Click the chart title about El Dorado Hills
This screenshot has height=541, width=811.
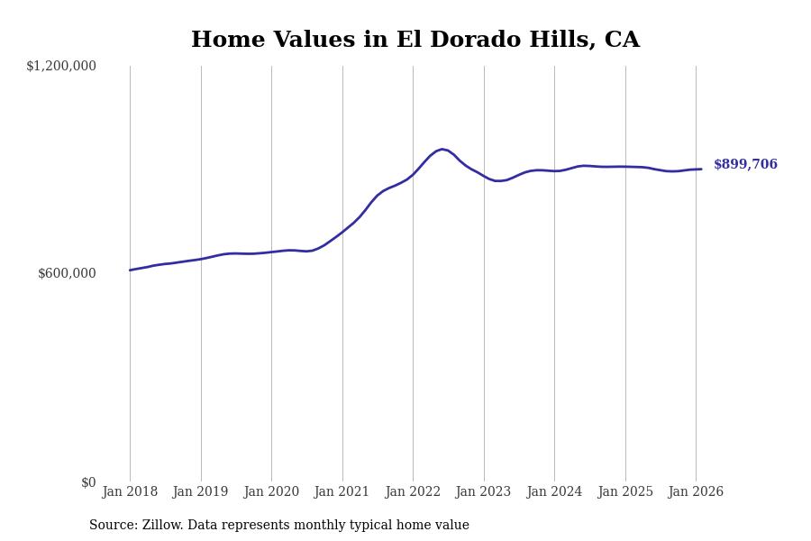415,41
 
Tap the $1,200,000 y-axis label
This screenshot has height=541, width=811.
61,66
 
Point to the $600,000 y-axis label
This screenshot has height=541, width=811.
67,273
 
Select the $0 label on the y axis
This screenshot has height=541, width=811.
88,482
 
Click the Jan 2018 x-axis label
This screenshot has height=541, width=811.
130,492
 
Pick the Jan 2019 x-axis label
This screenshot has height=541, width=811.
200,492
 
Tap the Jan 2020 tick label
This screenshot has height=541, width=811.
271,492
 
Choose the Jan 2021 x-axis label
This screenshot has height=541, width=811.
342,492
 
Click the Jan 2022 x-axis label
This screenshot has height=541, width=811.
413,492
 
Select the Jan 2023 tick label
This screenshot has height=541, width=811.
483,492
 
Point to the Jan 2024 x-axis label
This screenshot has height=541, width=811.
554,492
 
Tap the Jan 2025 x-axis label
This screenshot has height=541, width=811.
624,492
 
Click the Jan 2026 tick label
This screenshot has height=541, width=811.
696,492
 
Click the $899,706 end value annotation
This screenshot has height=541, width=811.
745,165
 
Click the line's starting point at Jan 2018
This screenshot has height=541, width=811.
130,270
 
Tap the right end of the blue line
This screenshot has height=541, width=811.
701,170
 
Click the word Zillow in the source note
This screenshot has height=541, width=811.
163,526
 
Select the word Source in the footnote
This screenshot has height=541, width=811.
113,526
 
